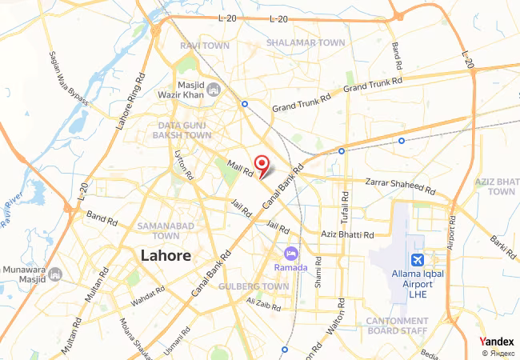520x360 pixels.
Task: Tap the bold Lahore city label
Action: pos(166,256)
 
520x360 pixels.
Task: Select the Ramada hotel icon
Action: pos(290,254)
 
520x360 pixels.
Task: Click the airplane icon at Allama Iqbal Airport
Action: pos(417,260)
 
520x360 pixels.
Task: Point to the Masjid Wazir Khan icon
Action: pos(213,89)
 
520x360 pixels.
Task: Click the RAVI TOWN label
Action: pos(205,46)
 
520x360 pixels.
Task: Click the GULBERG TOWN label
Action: pos(253,286)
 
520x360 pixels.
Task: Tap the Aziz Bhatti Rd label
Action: pos(347,234)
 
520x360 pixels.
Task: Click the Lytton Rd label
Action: pos(184,166)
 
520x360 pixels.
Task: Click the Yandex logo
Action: pos(497,341)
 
